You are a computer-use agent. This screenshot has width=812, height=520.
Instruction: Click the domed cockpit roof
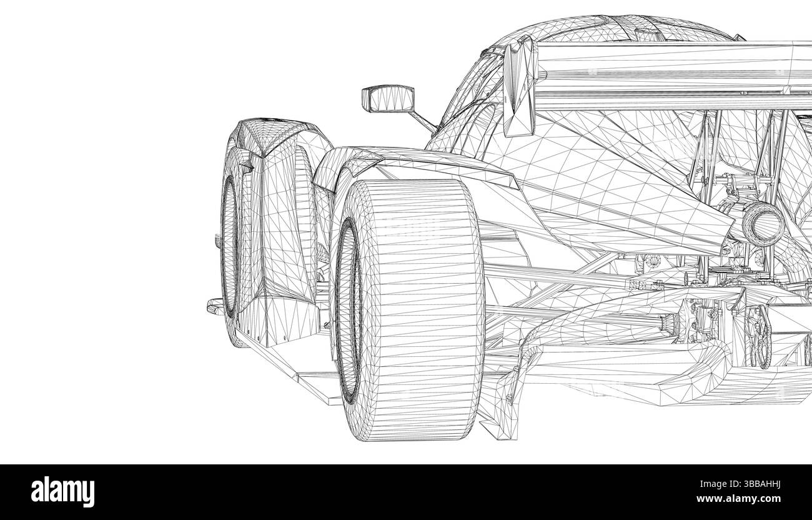point(600,28)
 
